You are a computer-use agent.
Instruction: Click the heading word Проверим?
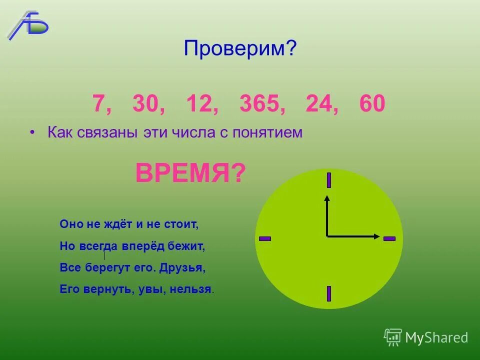240,48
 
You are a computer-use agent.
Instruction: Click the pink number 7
98,103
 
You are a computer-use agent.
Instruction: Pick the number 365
259,103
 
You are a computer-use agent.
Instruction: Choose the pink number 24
318,103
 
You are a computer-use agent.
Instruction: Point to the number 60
372,103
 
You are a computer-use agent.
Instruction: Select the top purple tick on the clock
329,180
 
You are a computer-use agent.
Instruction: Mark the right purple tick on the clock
389,238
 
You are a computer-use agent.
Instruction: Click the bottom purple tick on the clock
329,293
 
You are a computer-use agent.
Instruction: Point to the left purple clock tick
265,238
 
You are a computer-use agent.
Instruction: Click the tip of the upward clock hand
327,197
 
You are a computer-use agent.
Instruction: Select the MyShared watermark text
436,337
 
